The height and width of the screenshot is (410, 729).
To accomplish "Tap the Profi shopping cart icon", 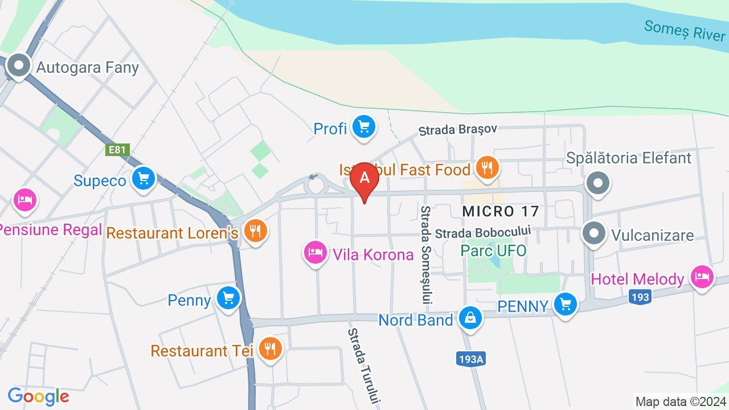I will coord(363,127).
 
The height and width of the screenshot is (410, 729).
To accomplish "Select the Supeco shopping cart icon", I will coord(143,179).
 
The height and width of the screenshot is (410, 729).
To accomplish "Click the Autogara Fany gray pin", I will coord(19,66).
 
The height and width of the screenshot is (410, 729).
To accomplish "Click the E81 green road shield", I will coord(118,150).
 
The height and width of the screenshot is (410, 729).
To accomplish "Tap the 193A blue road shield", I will coord(470,359).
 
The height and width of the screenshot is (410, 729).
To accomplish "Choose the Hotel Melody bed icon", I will coord(702,278).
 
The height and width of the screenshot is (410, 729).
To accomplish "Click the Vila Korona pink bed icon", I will coord(315,253).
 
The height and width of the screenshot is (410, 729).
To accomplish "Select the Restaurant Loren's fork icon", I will coord(255,231).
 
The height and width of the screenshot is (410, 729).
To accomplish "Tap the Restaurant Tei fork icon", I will coord(270,348).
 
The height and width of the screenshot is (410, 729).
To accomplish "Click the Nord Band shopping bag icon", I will coord(470,318).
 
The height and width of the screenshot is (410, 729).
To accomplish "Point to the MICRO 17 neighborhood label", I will coord(500,211).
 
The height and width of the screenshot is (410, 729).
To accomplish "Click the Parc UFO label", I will coord(493,251).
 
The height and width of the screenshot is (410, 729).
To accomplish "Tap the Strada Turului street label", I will coord(363,366).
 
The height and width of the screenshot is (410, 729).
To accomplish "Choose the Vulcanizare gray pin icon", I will coord(595,233).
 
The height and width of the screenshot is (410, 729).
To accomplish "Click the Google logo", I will coord(38,396).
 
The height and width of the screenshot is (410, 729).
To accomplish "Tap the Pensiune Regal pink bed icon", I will coord(24,200).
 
